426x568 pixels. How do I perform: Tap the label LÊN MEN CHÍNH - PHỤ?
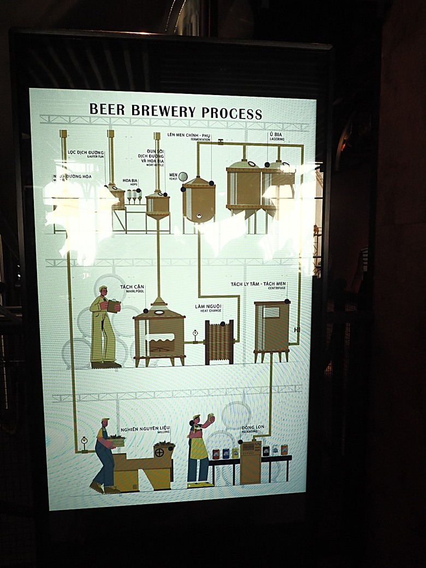[188, 135]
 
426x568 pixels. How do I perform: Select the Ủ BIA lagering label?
[275, 134]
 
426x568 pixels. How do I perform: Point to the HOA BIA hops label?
[130, 180]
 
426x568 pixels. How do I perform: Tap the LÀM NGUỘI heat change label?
[208, 307]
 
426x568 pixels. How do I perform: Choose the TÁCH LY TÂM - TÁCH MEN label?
[258, 285]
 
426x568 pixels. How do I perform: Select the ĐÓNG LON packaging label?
[254, 428]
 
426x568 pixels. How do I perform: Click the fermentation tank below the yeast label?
[199, 200]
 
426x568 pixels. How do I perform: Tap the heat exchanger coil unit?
[219, 342]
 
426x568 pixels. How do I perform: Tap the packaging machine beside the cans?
[251, 462]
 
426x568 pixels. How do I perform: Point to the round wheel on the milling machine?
[159, 452]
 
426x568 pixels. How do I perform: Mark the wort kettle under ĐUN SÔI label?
[158, 205]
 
